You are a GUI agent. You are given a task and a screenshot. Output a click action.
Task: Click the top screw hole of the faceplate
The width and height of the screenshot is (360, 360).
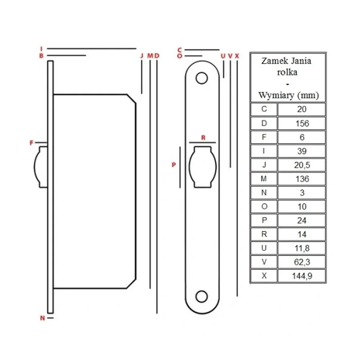click(x=202, y=78)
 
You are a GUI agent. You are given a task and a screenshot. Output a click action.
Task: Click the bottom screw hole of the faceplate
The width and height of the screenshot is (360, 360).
click(x=202, y=296)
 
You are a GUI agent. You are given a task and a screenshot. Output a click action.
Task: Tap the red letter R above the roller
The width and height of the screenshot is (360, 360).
click(x=203, y=138)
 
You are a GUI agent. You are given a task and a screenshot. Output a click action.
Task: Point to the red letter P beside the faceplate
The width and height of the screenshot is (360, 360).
click(x=174, y=165)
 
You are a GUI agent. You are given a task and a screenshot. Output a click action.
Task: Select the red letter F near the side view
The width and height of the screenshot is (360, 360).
click(x=32, y=143)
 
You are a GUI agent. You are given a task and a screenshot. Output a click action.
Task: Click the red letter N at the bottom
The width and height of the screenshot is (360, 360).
click(x=42, y=318)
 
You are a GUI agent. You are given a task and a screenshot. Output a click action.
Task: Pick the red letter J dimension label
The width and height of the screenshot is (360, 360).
click(x=142, y=56)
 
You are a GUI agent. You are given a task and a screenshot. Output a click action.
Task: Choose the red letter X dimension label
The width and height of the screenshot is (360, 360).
click(x=237, y=56)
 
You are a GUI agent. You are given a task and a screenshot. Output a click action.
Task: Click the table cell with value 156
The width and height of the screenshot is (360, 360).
click(x=302, y=123)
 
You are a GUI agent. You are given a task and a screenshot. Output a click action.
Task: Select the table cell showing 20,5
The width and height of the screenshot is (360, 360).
click(x=302, y=165)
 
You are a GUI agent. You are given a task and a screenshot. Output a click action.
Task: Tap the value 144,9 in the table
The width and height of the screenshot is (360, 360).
click(x=302, y=276)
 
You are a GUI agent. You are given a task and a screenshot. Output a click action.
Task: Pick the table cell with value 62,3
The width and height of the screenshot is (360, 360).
click(x=302, y=262)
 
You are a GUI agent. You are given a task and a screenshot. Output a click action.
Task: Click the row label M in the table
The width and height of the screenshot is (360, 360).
click(x=264, y=179)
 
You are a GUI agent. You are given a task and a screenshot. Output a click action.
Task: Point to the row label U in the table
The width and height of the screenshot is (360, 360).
click(x=264, y=248)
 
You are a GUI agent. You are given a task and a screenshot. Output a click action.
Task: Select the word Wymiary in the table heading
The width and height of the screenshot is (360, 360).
click(x=276, y=95)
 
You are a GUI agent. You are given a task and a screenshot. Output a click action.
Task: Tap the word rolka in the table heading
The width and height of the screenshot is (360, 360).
click(x=287, y=72)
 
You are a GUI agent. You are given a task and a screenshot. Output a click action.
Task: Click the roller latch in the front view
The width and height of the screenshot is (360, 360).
click(x=203, y=167)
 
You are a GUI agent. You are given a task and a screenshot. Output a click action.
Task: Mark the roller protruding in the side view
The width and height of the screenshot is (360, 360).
click(x=41, y=167)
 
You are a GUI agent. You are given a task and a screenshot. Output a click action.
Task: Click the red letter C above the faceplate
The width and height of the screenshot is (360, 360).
click(x=180, y=50)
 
